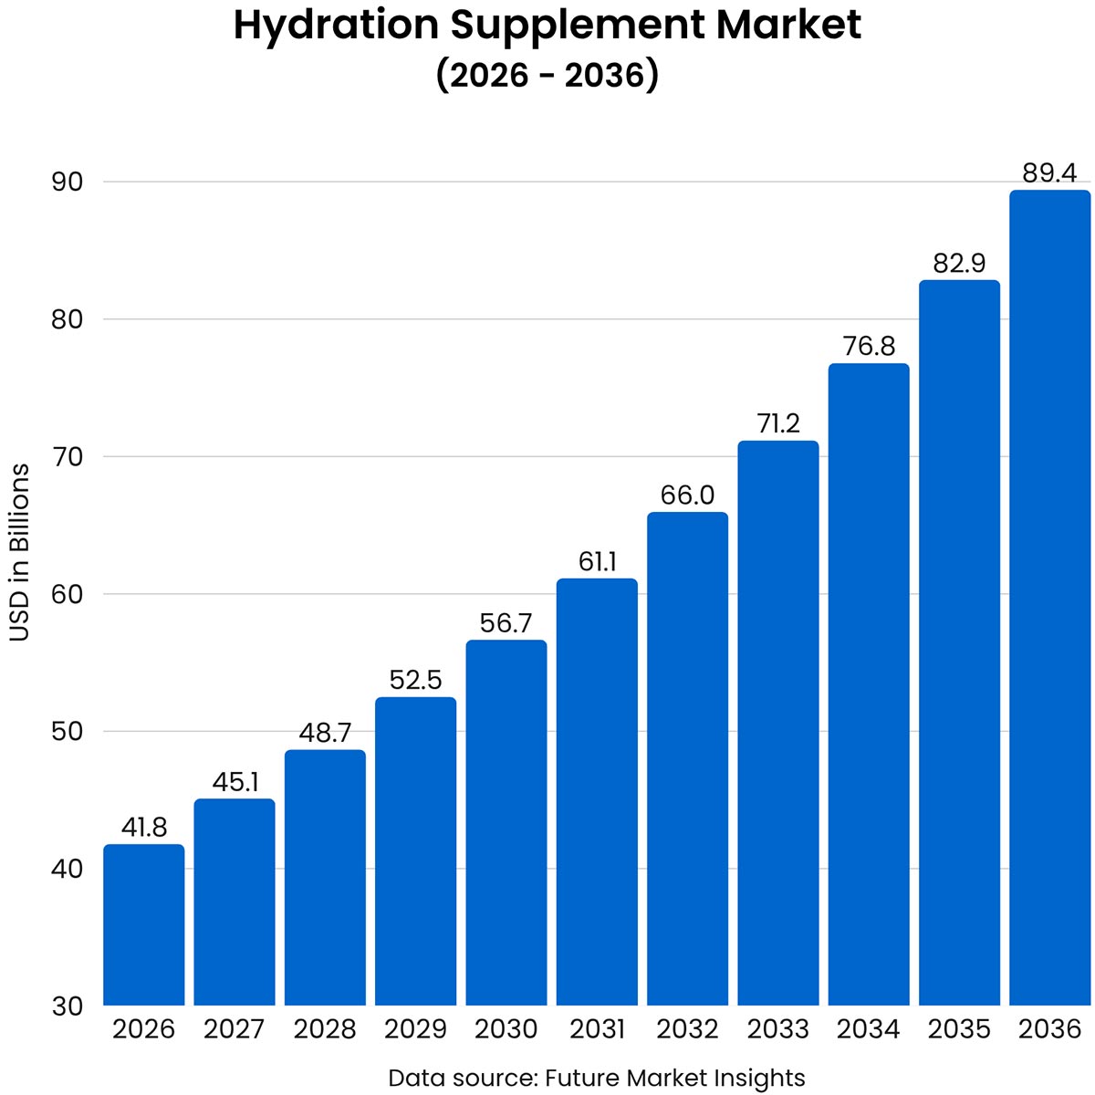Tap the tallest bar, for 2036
point(1049,598)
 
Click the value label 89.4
point(1049,173)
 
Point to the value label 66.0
point(687,495)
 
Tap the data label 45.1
point(235,782)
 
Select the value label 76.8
point(868,347)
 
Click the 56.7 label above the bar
point(506,623)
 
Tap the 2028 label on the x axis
point(325,1029)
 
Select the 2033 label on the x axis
point(777,1029)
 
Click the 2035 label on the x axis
point(959,1029)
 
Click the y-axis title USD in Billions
point(19,553)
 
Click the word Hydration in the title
point(337,26)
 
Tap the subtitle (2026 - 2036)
point(547,75)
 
